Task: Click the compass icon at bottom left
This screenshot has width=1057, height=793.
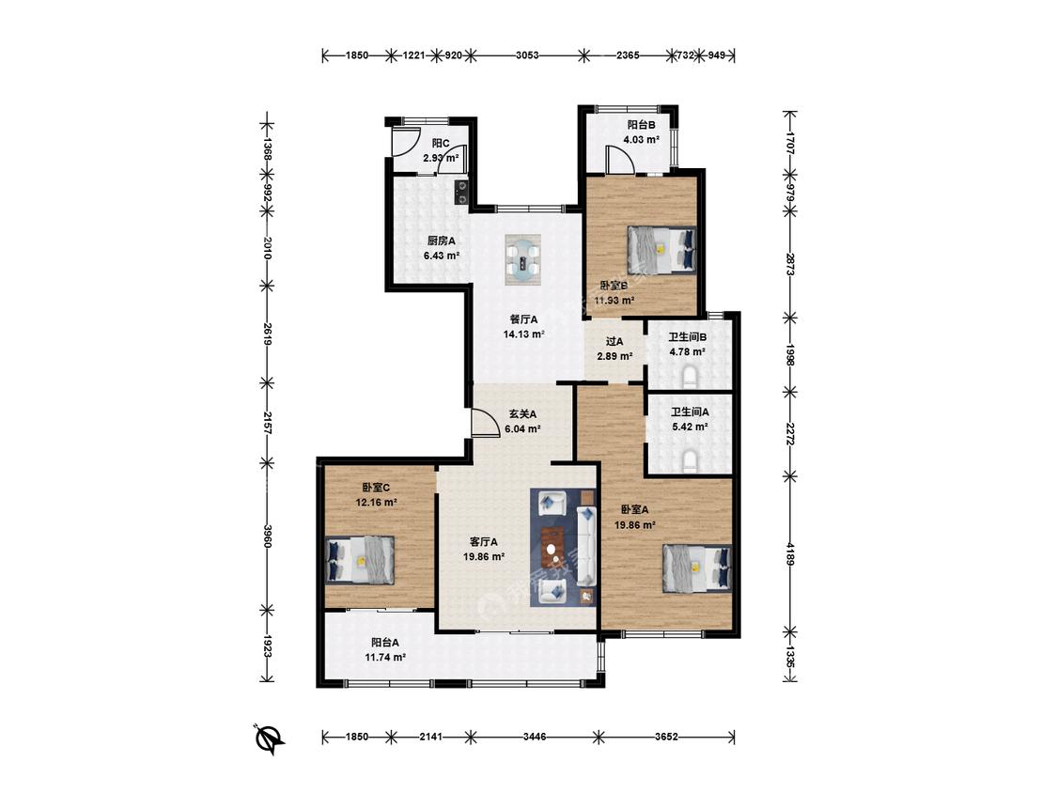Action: click(x=269, y=739)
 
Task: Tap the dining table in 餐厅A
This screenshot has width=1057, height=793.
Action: click(x=523, y=258)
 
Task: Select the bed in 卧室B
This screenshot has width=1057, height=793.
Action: click(x=661, y=250)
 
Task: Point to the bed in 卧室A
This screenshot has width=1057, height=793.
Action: click(x=697, y=568)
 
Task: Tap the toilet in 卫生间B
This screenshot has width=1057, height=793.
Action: click(x=689, y=377)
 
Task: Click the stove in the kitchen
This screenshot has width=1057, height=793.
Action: click(x=462, y=192)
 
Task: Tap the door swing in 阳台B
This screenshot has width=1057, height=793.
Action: click(x=618, y=159)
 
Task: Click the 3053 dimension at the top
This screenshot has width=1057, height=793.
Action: click(x=527, y=55)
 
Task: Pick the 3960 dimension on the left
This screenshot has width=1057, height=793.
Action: click(x=268, y=536)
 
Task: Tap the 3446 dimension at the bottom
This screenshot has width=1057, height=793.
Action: click(x=535, y=737)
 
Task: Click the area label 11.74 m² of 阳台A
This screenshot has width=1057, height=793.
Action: click(x=385, y=657)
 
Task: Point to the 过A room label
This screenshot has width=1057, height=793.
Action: click(x=614, y=341)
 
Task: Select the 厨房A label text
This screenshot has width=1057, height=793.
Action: click(x=441, y=241)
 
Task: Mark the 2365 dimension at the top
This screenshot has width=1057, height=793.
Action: click(x=628, y=55)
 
